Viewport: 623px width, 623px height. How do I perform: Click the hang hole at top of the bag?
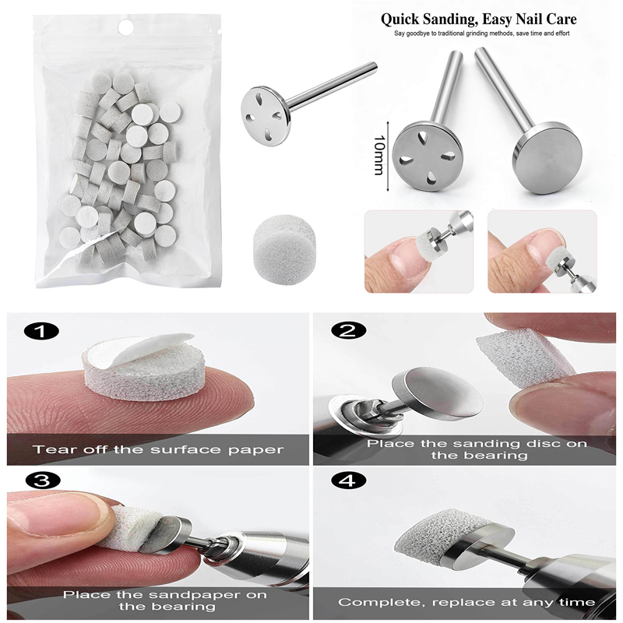126,27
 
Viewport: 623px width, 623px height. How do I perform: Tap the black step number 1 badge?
41,332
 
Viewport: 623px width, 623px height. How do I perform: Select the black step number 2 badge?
347,330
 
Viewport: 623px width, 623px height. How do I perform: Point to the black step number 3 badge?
43,481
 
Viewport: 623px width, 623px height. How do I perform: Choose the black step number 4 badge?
348,480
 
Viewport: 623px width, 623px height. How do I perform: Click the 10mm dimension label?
378,155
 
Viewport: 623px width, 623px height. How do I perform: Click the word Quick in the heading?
399,19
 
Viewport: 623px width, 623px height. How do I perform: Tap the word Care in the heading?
561,19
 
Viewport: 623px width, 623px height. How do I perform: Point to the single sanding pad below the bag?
283,242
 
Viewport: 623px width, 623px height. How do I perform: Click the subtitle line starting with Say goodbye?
481,33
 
